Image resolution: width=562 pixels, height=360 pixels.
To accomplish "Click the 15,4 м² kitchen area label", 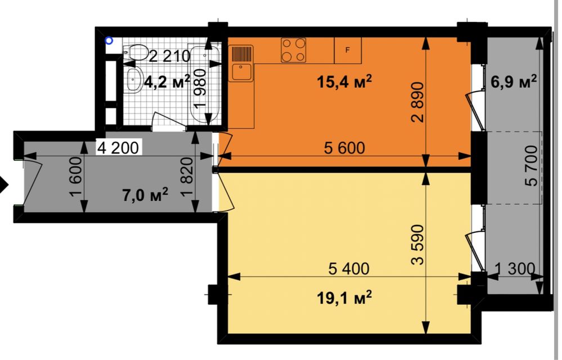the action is (x=344, y=82).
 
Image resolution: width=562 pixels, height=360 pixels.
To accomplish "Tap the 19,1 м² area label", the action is (x=344, y=298).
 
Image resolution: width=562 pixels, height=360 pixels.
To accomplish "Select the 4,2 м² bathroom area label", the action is (x=167, y=82).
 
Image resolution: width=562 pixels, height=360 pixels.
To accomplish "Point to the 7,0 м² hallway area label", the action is (x=145, y=195).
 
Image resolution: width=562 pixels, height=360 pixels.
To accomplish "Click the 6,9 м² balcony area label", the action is (x=513, y=82).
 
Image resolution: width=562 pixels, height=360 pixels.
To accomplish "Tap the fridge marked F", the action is (x=348, y=51).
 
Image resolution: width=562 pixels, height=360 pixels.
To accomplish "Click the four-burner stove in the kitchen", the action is (x=294, y=50).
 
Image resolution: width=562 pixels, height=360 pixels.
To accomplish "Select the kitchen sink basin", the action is (x=241, y=71).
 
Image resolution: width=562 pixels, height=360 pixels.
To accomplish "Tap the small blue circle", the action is (x=109, y=41).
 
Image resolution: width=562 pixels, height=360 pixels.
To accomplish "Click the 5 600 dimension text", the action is (x=344, y=147).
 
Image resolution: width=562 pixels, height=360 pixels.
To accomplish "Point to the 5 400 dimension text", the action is (x=349, y=268).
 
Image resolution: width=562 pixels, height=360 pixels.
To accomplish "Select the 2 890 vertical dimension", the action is (x=418, y=102).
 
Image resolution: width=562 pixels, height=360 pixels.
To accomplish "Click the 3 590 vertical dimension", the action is (x=418, y=245).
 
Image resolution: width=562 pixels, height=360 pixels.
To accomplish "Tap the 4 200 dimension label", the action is (x=118, y=147).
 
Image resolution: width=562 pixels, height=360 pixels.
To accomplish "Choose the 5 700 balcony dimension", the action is (x=531, y=165).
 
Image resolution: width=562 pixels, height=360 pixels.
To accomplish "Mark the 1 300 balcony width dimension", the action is (x=515, y=268).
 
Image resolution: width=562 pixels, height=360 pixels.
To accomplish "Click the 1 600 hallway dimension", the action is (x=77, y=178).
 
